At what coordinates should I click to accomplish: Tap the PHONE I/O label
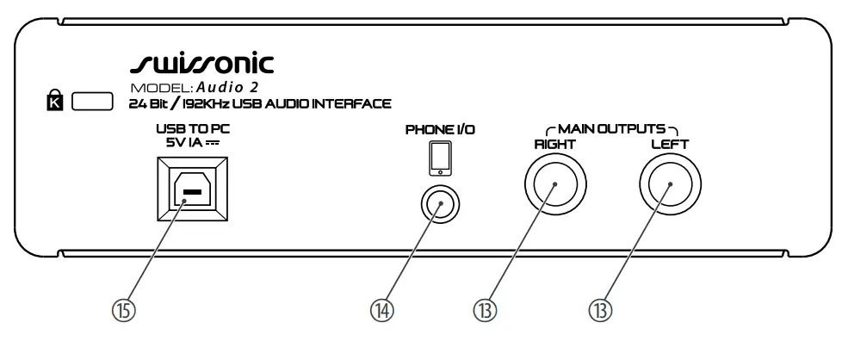(439, 130)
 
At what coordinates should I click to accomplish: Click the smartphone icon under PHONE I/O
(439, 158)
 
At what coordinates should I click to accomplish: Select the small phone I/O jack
(440, 206)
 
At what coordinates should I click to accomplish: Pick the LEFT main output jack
(670, 187)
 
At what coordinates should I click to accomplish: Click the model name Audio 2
(227, 88)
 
